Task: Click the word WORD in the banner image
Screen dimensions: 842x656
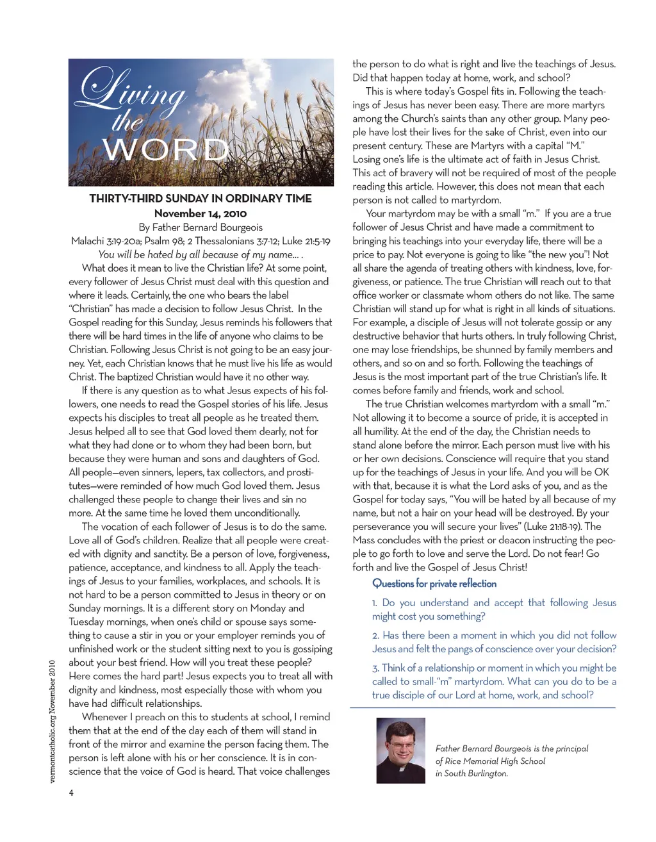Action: click(165, 151)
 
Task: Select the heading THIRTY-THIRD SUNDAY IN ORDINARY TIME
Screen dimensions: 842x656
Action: click(201, 199)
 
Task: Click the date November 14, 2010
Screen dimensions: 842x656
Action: click(201, 213)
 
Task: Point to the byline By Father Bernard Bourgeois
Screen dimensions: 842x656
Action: click(201, 227)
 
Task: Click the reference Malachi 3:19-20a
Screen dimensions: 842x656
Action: click(106, 241)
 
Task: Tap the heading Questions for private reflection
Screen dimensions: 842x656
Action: click(434, 583)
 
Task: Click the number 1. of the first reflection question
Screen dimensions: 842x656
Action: click(375, 603)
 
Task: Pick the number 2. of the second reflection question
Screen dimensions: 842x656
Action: click(375, 636)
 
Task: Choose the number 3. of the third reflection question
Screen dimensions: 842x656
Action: click(375, 668)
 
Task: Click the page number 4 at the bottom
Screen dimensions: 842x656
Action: click(71, 793)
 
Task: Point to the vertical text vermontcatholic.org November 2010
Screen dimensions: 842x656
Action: click(53, 721)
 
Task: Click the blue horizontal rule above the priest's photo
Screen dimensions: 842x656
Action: click(482, 707)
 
